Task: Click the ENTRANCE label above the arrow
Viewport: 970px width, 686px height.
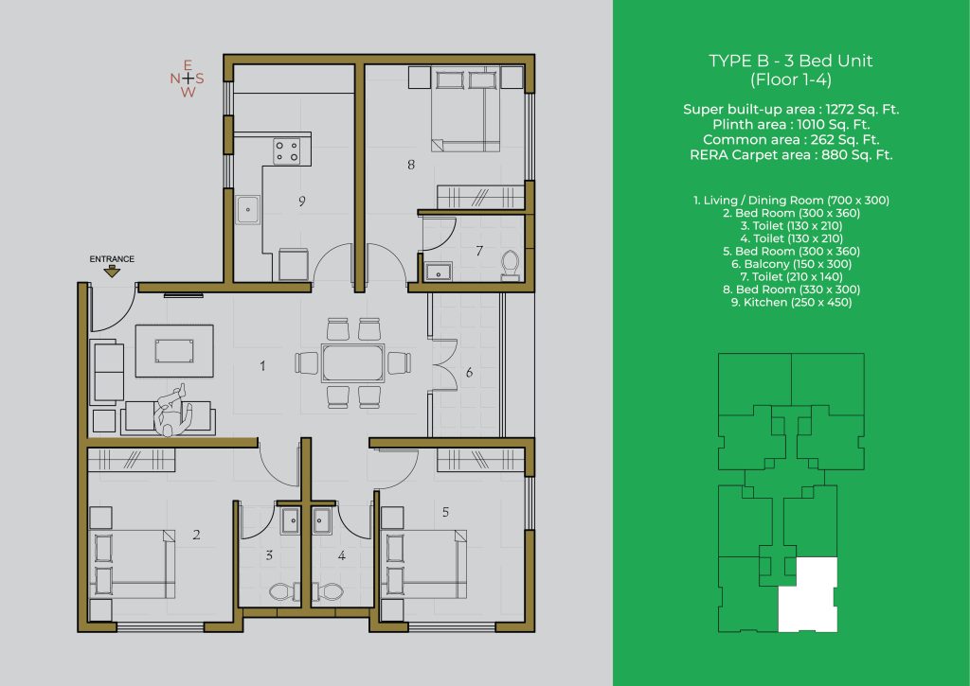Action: (x=112, y=259)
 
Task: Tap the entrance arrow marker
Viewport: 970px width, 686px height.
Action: (x=112, y=272)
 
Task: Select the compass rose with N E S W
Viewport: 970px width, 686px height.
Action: (x=187, y=79)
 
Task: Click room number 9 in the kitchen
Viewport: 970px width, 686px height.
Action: (x=302, y=201)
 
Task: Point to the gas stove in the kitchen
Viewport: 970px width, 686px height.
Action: (x=287, y=151)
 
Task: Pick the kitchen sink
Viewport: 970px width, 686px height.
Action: (x=248, y=209)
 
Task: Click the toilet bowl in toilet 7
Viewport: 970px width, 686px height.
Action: (x=511, y=265)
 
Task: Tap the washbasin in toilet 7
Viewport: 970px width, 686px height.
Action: (x=439, y=272)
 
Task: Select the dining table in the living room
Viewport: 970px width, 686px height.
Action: (x=352, y=362)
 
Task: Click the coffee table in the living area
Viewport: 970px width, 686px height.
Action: (x=174, y=350)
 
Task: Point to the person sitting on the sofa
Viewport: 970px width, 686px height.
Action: (x=173, y=411)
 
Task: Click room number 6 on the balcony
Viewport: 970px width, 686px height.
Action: (x=470, y=372)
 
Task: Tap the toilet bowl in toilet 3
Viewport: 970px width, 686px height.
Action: (x=281, y=591)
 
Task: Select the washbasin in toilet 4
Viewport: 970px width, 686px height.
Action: (x=322, y=520)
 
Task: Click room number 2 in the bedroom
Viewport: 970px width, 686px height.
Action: (x=196, y=535)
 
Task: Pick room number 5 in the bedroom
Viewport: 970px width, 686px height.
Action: (x=445, y=512)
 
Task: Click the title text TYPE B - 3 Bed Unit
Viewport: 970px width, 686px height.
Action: (x=791, y=61)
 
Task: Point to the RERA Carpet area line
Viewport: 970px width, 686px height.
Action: (x=791, y=154)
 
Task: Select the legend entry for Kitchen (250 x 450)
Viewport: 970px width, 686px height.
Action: (x=791, y=302)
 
